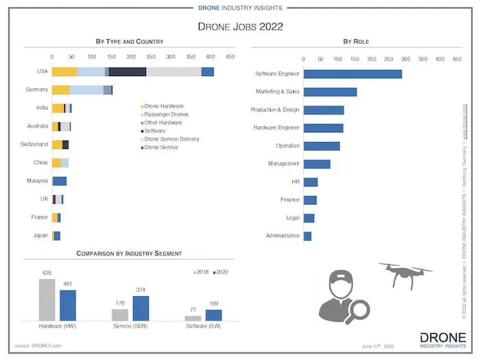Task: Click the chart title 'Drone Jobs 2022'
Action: pos(239,27)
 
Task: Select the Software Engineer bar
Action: pos(352,73)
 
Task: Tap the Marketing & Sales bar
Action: pos(330,91)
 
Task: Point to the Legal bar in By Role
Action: pos(309,218)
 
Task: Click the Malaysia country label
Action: pos(38,180)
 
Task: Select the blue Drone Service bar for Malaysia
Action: pos(60,181)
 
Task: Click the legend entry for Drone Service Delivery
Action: pos(171,139)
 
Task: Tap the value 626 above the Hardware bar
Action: pos(47,273)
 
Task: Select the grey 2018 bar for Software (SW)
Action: pos(193,318)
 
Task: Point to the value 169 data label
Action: pos(214,304)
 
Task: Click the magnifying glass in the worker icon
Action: pos(357,310)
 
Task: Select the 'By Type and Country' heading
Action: pos(130,42)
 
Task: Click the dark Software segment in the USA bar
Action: pos(127,72)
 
